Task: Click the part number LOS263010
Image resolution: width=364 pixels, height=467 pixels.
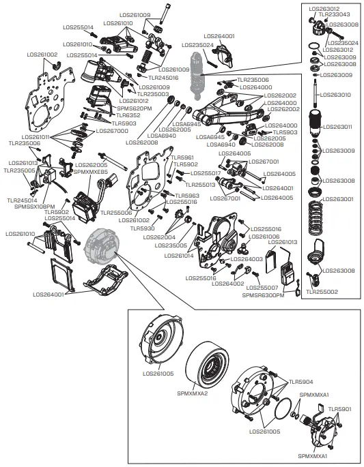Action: (x=337, y=95)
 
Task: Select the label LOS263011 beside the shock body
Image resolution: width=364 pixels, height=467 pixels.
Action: (x=337, y=127)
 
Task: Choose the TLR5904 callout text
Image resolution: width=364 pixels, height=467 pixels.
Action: (x=300, y=382)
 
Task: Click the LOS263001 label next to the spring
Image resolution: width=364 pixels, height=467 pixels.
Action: (x=337, y=199)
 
